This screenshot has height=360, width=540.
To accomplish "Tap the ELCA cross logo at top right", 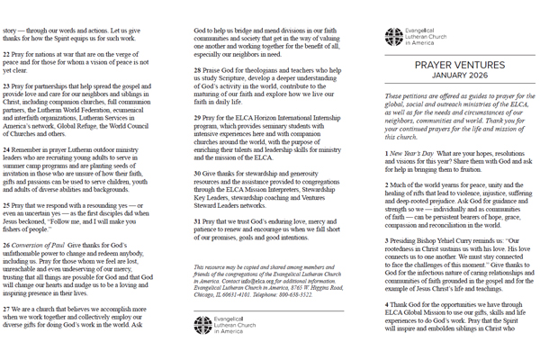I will coord(393,37).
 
